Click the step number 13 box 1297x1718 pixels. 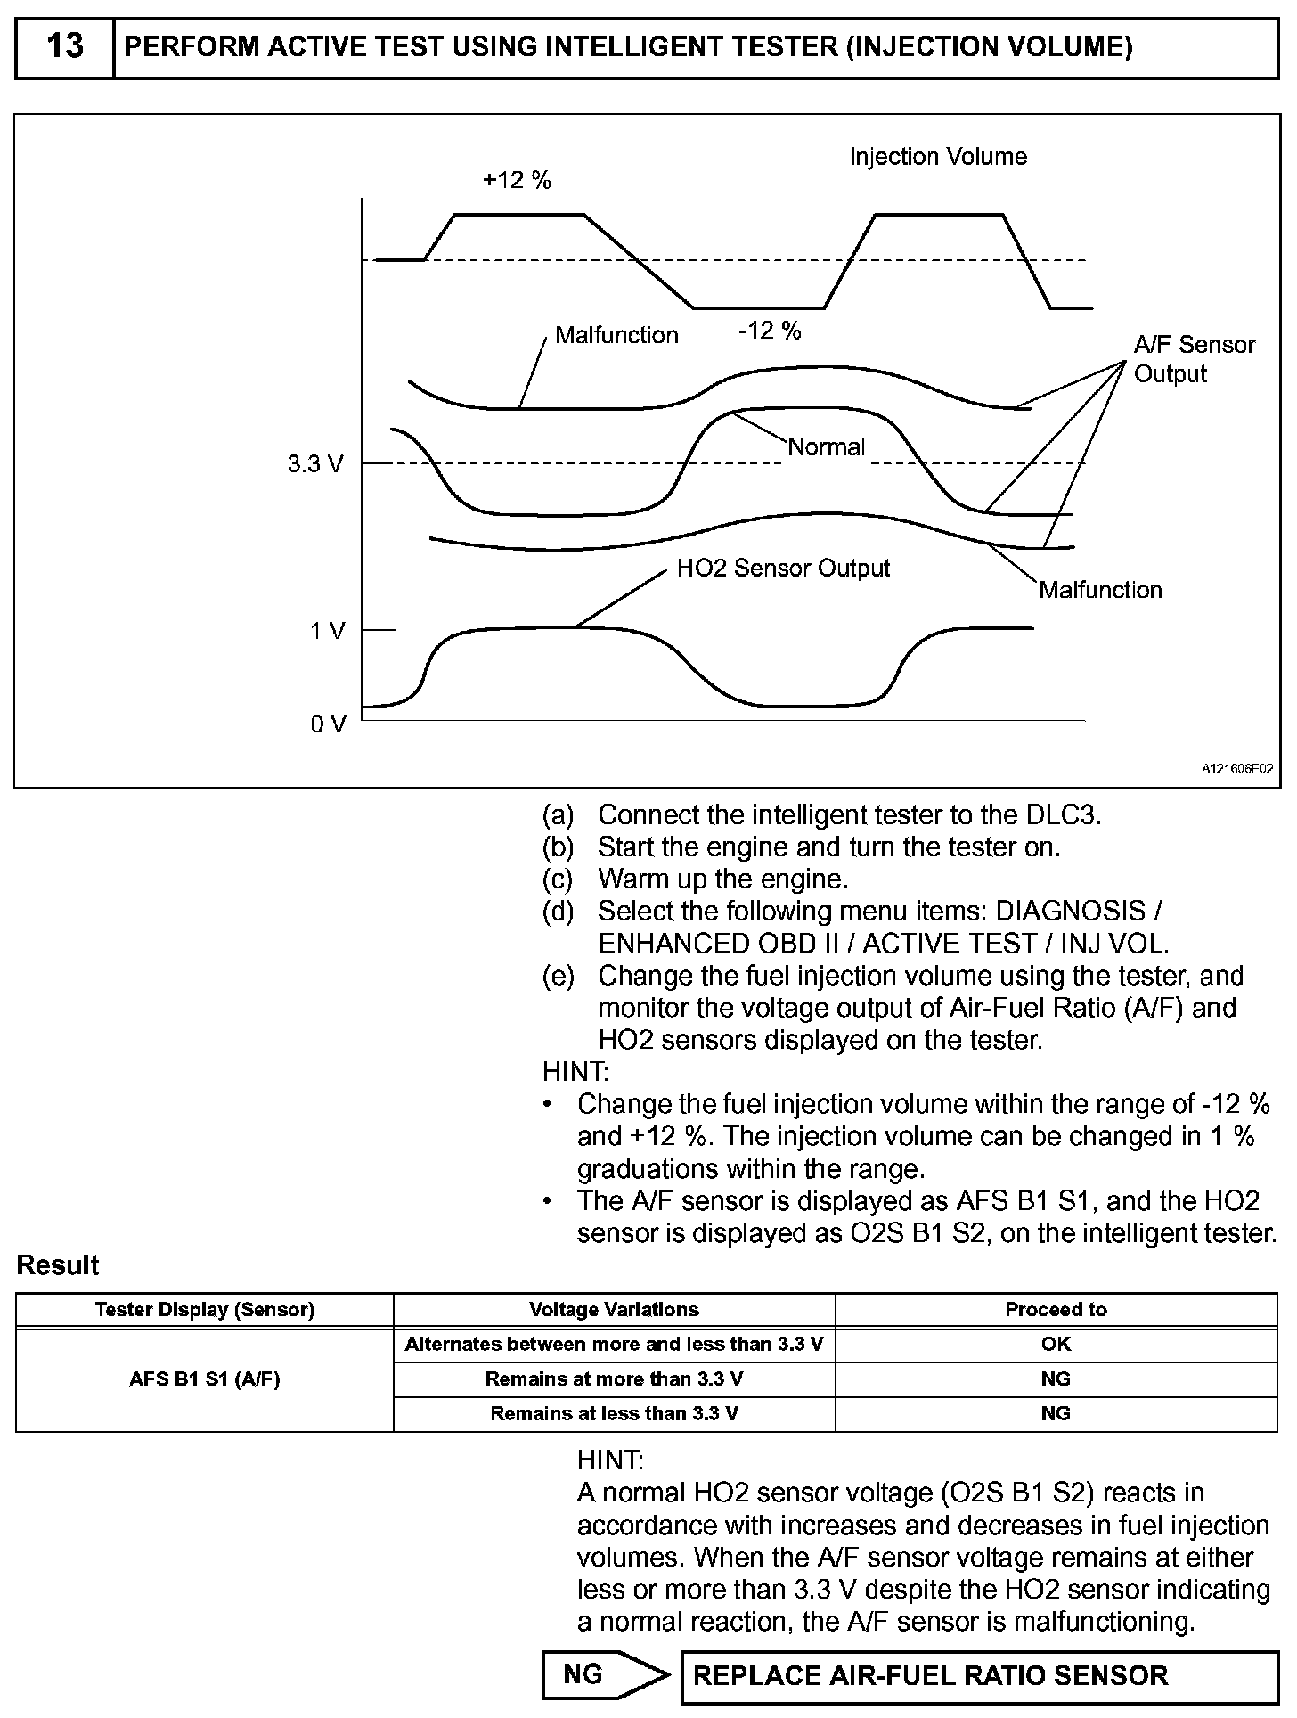(65, 46)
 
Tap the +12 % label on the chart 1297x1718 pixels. (517, 180)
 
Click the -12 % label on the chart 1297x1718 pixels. (770, 331)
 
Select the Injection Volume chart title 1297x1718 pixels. (937, 157)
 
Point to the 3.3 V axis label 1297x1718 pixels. (314, 464)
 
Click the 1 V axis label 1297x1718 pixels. (327, 631)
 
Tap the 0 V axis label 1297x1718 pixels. (327, 724)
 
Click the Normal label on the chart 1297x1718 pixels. (826, 446)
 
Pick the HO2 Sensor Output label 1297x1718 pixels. (783, 568)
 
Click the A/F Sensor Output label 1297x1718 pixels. (1194, 359)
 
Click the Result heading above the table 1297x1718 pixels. (58, 1265)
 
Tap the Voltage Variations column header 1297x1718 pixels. (614, 1310)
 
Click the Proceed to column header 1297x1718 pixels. (1056, 1310)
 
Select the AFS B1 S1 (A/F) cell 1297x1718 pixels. (205, 1379)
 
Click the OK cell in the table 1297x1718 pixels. (1056, 1345)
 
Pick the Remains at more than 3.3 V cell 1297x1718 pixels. (614, 1379)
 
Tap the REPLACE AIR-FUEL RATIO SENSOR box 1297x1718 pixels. (978, 1676)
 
